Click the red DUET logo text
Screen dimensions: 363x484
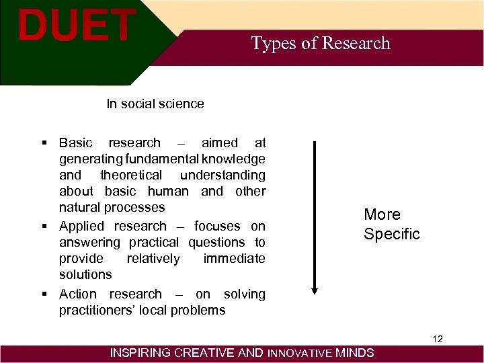(76, 26)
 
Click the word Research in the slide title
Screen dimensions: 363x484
(356, 44)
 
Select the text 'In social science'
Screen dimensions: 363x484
(155, 104)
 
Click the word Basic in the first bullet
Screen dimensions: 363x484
(77, 143)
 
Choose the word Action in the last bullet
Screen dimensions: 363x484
(78, 294)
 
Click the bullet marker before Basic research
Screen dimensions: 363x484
(44, 143)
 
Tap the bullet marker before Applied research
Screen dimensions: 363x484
(44, 227)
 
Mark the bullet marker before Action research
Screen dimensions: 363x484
(44, 294)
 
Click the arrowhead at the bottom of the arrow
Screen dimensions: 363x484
(314, 290)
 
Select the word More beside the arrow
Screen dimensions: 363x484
(382, 214)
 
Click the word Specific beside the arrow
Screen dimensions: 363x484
(391, 234)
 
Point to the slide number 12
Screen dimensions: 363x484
(438, 339)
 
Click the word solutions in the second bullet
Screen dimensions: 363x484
(85, 274)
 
